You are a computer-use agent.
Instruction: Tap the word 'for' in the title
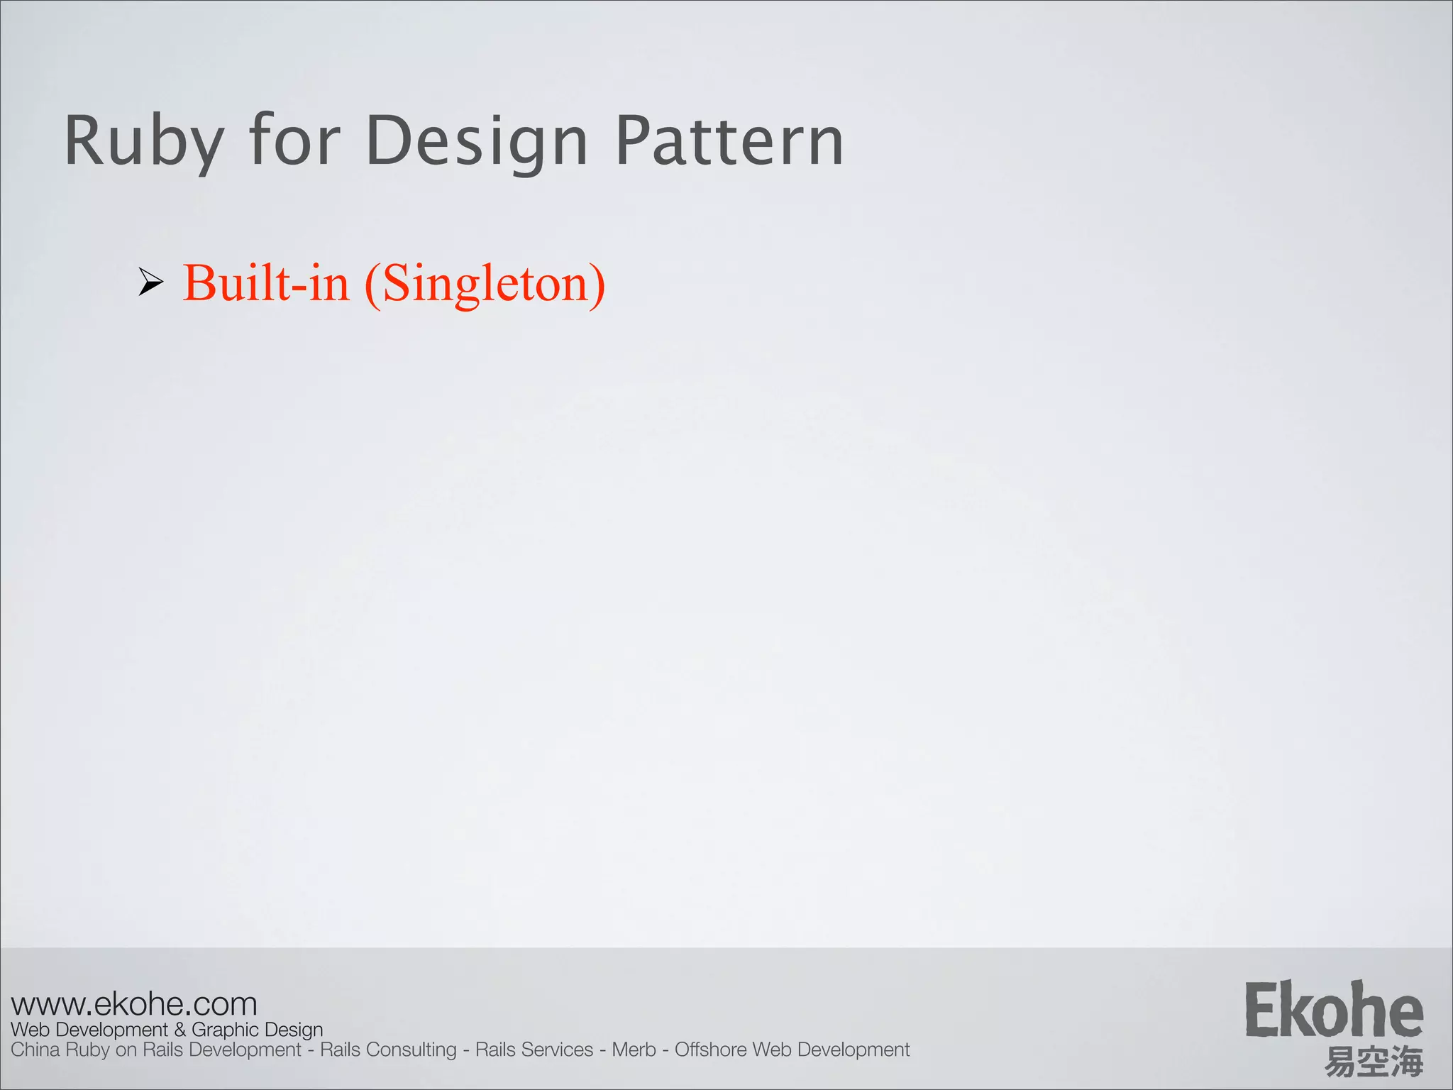coord(294,141)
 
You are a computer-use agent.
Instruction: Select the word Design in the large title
coord(477,141)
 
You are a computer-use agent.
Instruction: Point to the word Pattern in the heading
coord(729,141)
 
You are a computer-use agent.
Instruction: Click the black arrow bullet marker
coord(150,282)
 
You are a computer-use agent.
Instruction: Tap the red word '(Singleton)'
coord(485,284)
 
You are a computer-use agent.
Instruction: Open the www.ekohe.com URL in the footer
coord(134,1004)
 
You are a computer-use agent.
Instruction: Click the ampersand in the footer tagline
coord(179,1030)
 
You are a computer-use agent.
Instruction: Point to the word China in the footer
coord(35,1050)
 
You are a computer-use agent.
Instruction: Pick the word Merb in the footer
coord(634,1050)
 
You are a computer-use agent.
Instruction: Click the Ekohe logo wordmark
coord(1334,1011)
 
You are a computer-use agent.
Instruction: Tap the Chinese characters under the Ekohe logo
coord(1374,1062)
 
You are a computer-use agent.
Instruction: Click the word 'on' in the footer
coord(126,1050)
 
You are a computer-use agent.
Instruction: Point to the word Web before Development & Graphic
coord(30,1030)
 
